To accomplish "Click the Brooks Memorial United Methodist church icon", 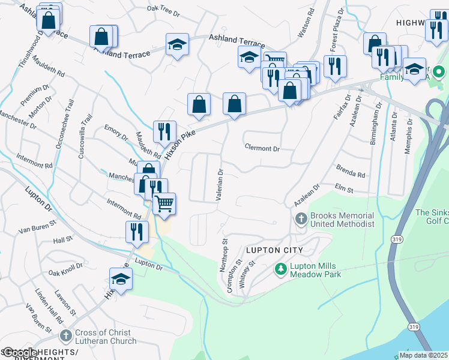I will (x=302, y=220).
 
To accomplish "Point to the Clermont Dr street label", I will (x=262, y=148).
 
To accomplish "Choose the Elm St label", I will (x=344, y=189).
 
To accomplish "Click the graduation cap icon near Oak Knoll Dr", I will (x=121, y=279).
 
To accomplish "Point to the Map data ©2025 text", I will (x=424, y=355).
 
